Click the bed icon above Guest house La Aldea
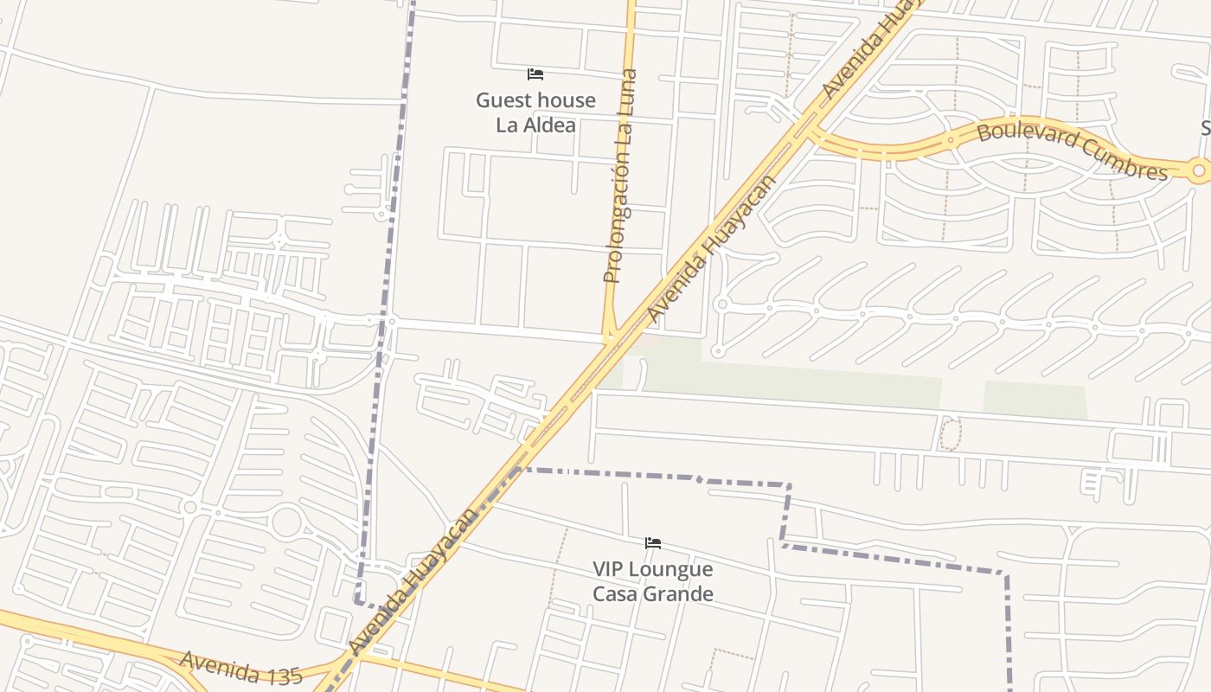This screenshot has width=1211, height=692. pos(535,74)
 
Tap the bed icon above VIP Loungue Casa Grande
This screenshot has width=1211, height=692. pos(653,543)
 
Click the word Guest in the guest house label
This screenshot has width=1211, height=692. pos(502,100)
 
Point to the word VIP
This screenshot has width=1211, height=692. pos(610,569)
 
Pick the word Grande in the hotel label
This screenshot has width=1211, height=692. pos(681,593)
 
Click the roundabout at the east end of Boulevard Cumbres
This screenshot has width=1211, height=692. pos(1198,171)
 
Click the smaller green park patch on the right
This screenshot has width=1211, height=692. pos(1035,400)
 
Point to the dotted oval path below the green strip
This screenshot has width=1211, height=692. pos(950,434)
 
